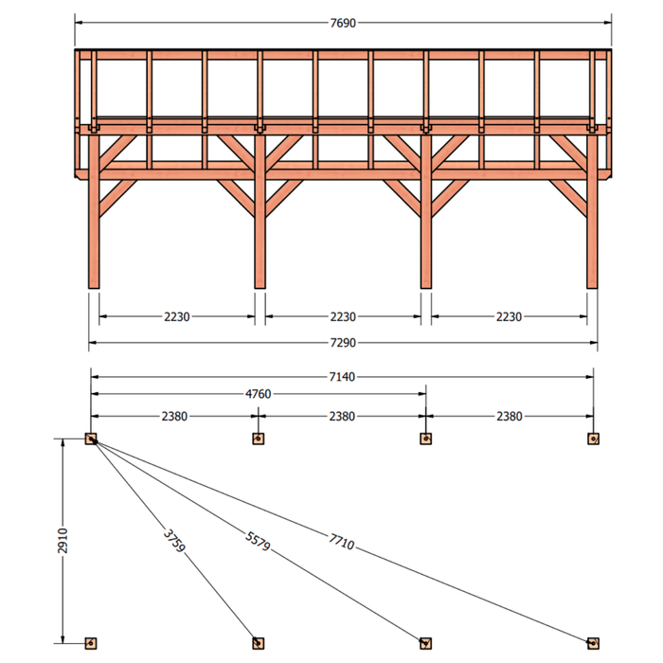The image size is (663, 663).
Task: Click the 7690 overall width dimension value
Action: pyautogui.click(x=343, y=23)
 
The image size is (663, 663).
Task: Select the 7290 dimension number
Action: pyautogui.click(x=343, y=343)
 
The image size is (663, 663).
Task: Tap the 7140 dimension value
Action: pyautogui.click(x=342, y=376)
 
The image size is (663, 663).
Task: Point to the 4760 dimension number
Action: pyautogui.click(x=259, y=394)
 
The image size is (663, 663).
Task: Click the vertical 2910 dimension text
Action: pyautogui.click(x=63, y=541)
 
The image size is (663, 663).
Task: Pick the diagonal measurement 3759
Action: pyautogui.click(x=174, y=541)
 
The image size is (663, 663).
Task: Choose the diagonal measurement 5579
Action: pyautogui.click(x=258, y=541)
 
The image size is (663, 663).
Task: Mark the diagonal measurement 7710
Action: pyautogui.click(x=342, y=542)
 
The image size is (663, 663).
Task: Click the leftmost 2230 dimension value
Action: pyautogui.click(x=177, y=316)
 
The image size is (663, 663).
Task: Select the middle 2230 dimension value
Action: pyautogui.click(x=343, y=316)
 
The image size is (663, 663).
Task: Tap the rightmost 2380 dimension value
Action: pyautogui.click(x=510, y=417)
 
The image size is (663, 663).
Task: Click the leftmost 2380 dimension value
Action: pyautogui.click(x=174, y=417)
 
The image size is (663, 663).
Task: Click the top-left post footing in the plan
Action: pyautogui.click(x=91, y=439)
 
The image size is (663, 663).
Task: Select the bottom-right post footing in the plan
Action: pyautogui.click(x=593, y=643)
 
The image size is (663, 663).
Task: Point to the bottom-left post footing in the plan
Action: pyautogui.click(x=91, y=643)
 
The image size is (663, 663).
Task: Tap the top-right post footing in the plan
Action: pyautogui.click(x=593, y=439)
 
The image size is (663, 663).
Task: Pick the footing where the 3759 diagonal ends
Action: pyautogui.click(x=259, y=643)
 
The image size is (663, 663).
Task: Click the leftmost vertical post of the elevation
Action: pyautogui.click(x=94, y=211)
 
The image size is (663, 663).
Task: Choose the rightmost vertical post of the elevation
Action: pyautogui.click(x=592, y=211)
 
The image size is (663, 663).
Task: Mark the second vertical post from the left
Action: pyautogui.click(x=260, y=211)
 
